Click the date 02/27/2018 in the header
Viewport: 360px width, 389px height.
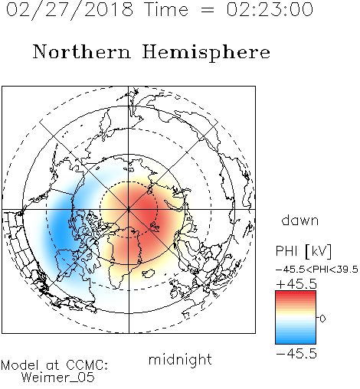[69, 10]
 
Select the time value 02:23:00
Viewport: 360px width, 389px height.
[270, 9]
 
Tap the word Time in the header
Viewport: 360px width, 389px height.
[166, 9]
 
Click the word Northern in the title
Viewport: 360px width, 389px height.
[82, 51]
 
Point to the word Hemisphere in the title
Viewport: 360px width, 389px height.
[206, 53]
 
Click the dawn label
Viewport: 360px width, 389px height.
[300, 220]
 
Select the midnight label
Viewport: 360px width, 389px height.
[180, 359]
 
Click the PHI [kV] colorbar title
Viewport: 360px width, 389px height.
[303, 251]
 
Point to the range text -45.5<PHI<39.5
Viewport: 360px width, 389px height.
[317, 270]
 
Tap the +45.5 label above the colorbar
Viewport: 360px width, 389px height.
[296, 284]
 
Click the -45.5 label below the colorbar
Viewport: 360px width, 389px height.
[296, 354]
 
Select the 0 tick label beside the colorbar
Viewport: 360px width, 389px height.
[322, 319]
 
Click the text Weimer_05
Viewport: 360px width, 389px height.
[58, 378]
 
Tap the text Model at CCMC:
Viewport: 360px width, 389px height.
[54, 365]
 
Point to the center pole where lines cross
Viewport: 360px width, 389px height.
[129, 209]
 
